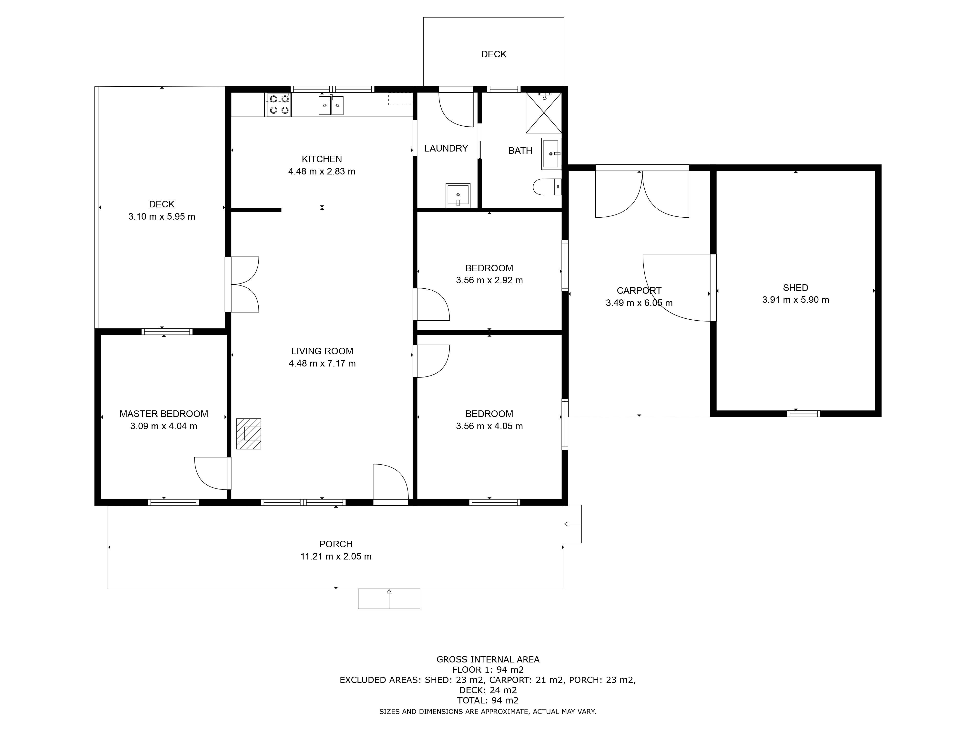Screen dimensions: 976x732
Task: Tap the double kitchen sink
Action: tap(331, 105)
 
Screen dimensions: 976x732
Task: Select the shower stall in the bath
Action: tap(544, 112)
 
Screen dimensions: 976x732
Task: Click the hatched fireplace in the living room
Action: tap(248, 434)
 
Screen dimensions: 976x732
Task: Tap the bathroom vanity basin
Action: tap(551, 153)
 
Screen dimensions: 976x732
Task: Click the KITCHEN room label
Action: tap(322, 159)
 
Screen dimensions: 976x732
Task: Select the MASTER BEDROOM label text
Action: tap(164, 414)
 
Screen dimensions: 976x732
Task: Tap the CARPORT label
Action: tap(639, 291)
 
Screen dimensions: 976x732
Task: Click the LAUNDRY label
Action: tap(446, 148)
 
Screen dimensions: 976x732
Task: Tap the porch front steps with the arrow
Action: tap(389, 599)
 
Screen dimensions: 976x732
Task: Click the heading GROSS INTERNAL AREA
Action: tap(488, 660)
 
